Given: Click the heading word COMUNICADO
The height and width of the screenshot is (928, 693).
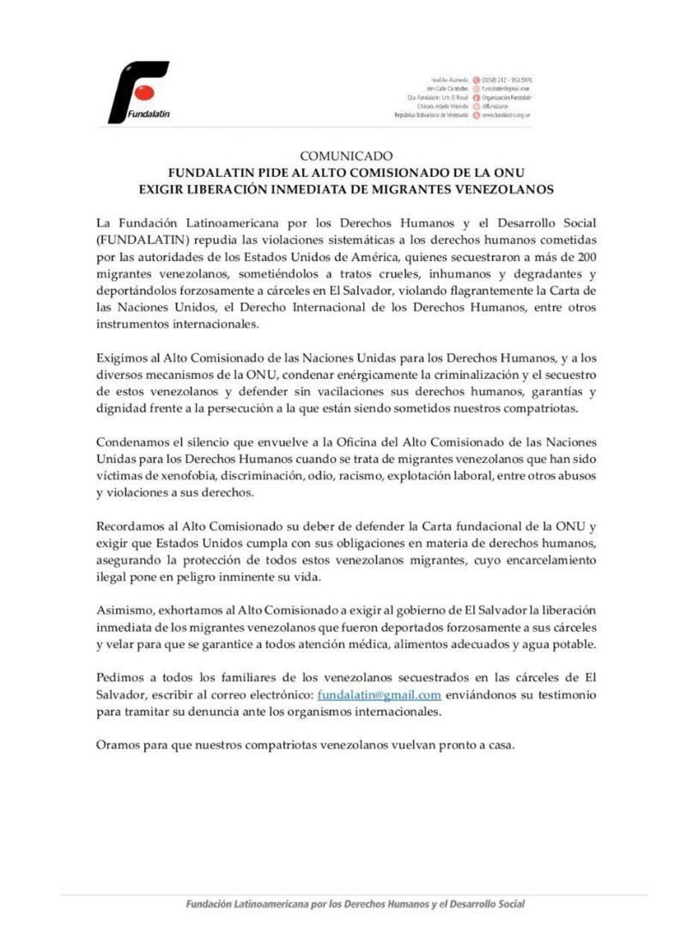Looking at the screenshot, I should point(346,156).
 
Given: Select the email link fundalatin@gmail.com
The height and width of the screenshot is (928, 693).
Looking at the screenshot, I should point(379,694).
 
